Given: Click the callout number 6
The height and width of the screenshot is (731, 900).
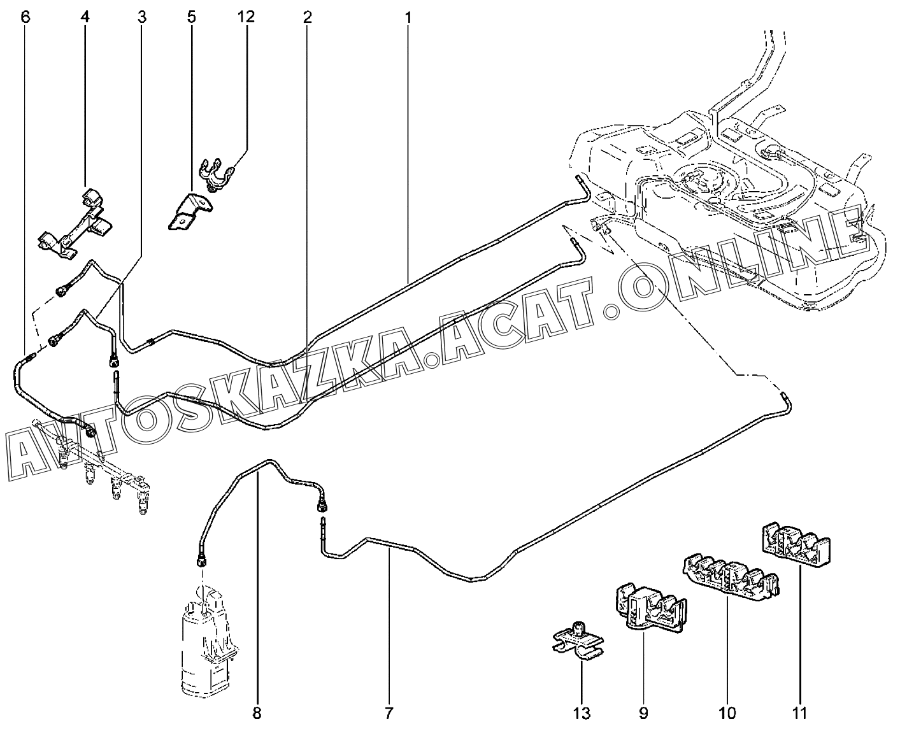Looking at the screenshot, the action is (25, 17).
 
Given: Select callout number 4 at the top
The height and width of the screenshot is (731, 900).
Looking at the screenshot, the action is (85, 17).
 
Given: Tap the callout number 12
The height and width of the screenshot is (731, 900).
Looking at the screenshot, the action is (246, 17).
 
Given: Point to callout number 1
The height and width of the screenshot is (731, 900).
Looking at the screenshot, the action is (408, 17).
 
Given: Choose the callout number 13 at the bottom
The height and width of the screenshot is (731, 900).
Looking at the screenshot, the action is (582, 713).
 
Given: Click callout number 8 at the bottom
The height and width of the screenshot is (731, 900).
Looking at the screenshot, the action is (257, 713).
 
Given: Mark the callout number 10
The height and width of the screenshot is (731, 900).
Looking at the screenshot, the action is (727, 713).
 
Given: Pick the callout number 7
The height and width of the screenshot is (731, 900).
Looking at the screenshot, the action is (389, 713).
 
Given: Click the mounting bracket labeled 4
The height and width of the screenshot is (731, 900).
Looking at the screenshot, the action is (76, 224).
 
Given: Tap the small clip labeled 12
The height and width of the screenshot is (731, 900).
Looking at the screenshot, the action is (217, 175).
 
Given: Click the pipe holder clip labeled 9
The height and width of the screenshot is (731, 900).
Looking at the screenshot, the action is (650, 608).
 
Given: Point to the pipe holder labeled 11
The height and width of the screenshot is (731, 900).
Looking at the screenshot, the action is (796, 545).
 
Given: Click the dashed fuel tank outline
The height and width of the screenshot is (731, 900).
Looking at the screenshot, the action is (727, 202).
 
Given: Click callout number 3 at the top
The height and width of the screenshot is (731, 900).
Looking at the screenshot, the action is (141, 17).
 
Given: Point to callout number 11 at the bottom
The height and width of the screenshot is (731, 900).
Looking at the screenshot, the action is (799, 713).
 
